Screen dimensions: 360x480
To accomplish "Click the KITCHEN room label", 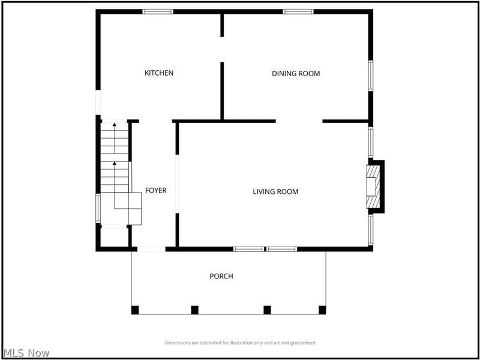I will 159,73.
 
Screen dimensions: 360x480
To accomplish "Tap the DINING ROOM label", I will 296,74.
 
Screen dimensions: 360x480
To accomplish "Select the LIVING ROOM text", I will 275,192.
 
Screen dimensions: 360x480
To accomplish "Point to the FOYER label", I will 156,191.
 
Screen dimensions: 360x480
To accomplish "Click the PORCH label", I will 221,277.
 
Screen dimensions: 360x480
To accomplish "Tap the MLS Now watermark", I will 26,353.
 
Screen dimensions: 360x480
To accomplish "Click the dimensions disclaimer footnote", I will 241,343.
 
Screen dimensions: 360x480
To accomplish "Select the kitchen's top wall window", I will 158,11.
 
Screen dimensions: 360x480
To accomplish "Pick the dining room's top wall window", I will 298,11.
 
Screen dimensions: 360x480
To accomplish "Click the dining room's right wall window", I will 371,75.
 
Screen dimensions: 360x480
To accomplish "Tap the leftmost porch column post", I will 135,310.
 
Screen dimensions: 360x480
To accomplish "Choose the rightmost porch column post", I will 322,310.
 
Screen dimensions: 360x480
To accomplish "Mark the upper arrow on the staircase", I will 114,125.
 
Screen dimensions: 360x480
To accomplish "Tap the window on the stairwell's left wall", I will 98,208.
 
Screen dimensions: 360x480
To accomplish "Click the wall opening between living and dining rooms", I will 299,121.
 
